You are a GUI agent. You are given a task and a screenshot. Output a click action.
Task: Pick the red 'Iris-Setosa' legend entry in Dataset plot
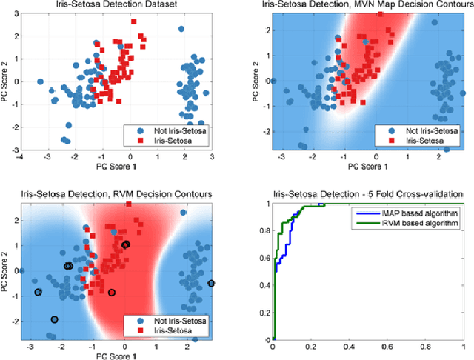(164, 139)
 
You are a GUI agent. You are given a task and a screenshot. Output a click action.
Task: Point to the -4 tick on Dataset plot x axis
(21, 157)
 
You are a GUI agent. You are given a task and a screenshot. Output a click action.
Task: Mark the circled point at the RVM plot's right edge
(211, 284)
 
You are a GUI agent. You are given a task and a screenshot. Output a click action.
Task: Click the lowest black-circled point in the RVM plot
(54, 319)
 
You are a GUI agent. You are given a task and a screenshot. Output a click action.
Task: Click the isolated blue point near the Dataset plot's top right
(181, 29)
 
